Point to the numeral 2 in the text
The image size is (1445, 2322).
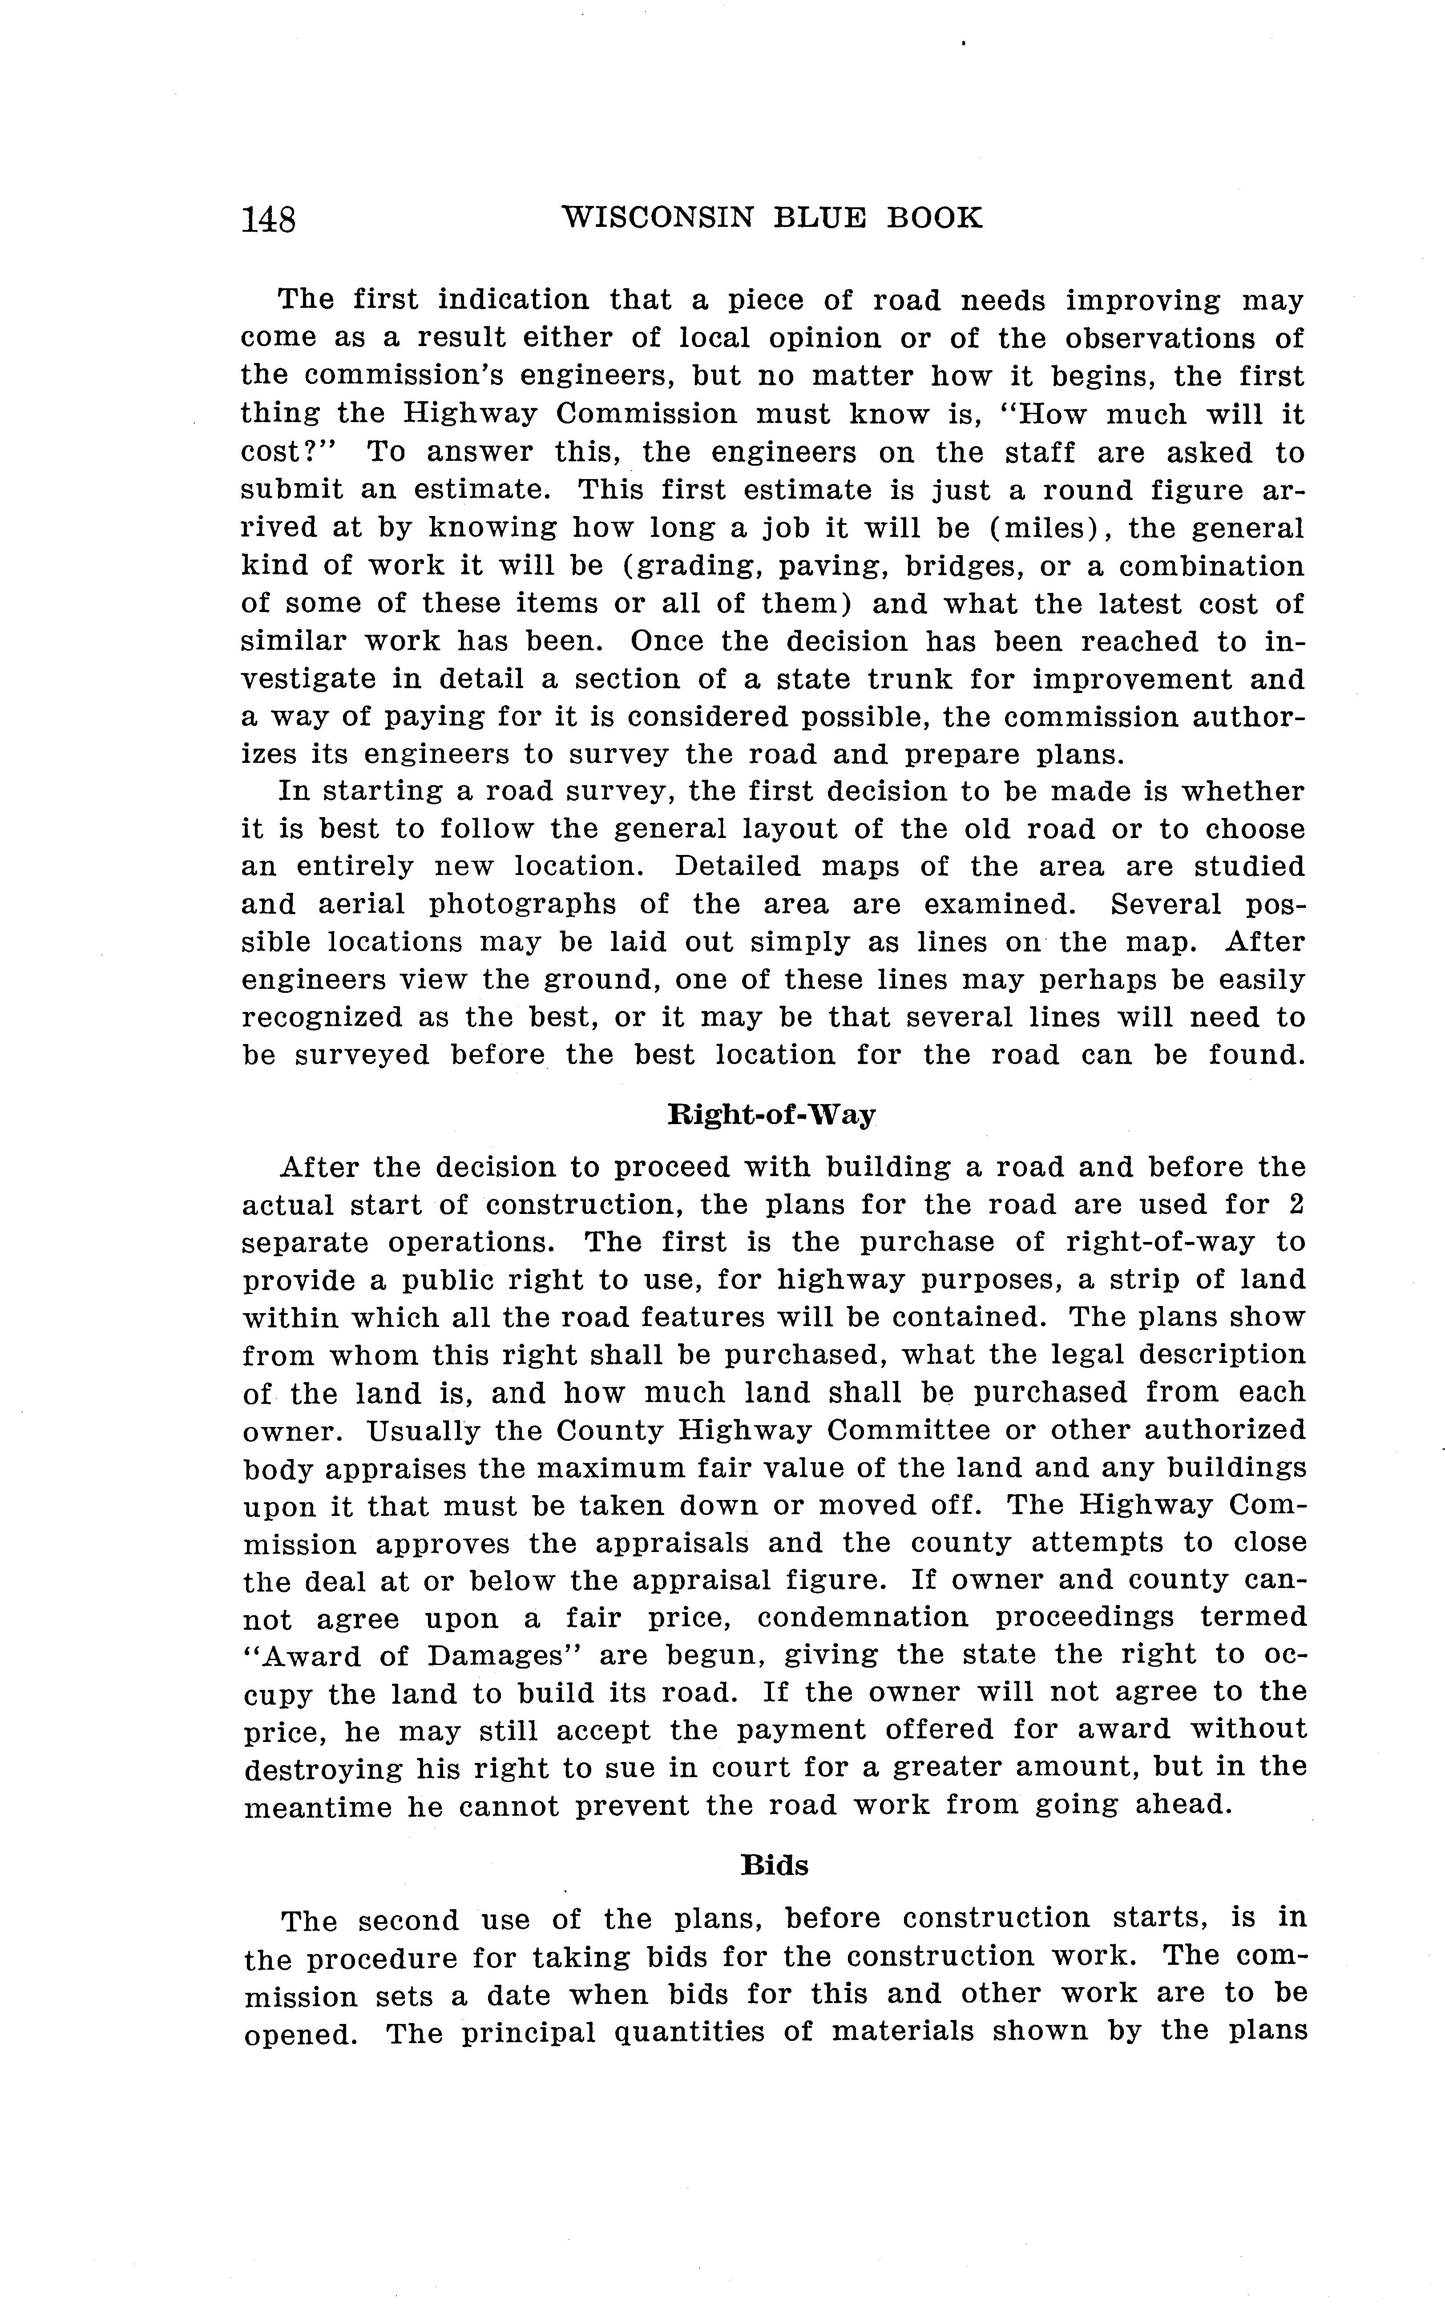pos(1296,1205)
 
